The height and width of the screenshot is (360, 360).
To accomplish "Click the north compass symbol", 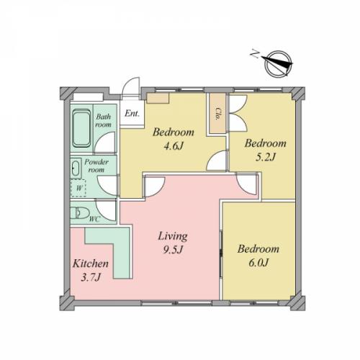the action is point(279,63).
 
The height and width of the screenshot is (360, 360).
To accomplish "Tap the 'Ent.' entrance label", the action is point(132,113).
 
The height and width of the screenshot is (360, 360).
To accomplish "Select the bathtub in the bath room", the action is point(82,128).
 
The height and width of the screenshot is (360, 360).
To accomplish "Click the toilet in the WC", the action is point(80,212).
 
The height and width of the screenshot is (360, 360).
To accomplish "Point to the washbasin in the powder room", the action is point(76,168).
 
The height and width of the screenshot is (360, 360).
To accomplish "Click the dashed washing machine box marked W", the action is point(78,188).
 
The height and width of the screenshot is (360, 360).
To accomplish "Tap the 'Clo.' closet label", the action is point(218,114).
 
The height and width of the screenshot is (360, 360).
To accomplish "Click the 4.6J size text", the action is point(174,145).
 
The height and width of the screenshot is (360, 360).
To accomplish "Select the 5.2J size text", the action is point(266,157).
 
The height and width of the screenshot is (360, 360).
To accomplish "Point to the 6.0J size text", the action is point(258,263).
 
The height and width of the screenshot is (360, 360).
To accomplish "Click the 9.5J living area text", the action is point(173,250).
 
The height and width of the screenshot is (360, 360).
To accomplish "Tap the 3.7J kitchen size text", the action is point(90,277).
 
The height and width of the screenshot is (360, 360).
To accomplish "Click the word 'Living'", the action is point(173,236).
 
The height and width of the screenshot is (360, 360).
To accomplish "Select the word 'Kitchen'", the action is point(91,264).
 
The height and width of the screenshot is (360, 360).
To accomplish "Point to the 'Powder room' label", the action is point(96,166).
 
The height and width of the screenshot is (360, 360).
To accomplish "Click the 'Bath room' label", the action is point(104,120).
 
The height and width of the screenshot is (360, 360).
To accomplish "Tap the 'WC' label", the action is point(94,220).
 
